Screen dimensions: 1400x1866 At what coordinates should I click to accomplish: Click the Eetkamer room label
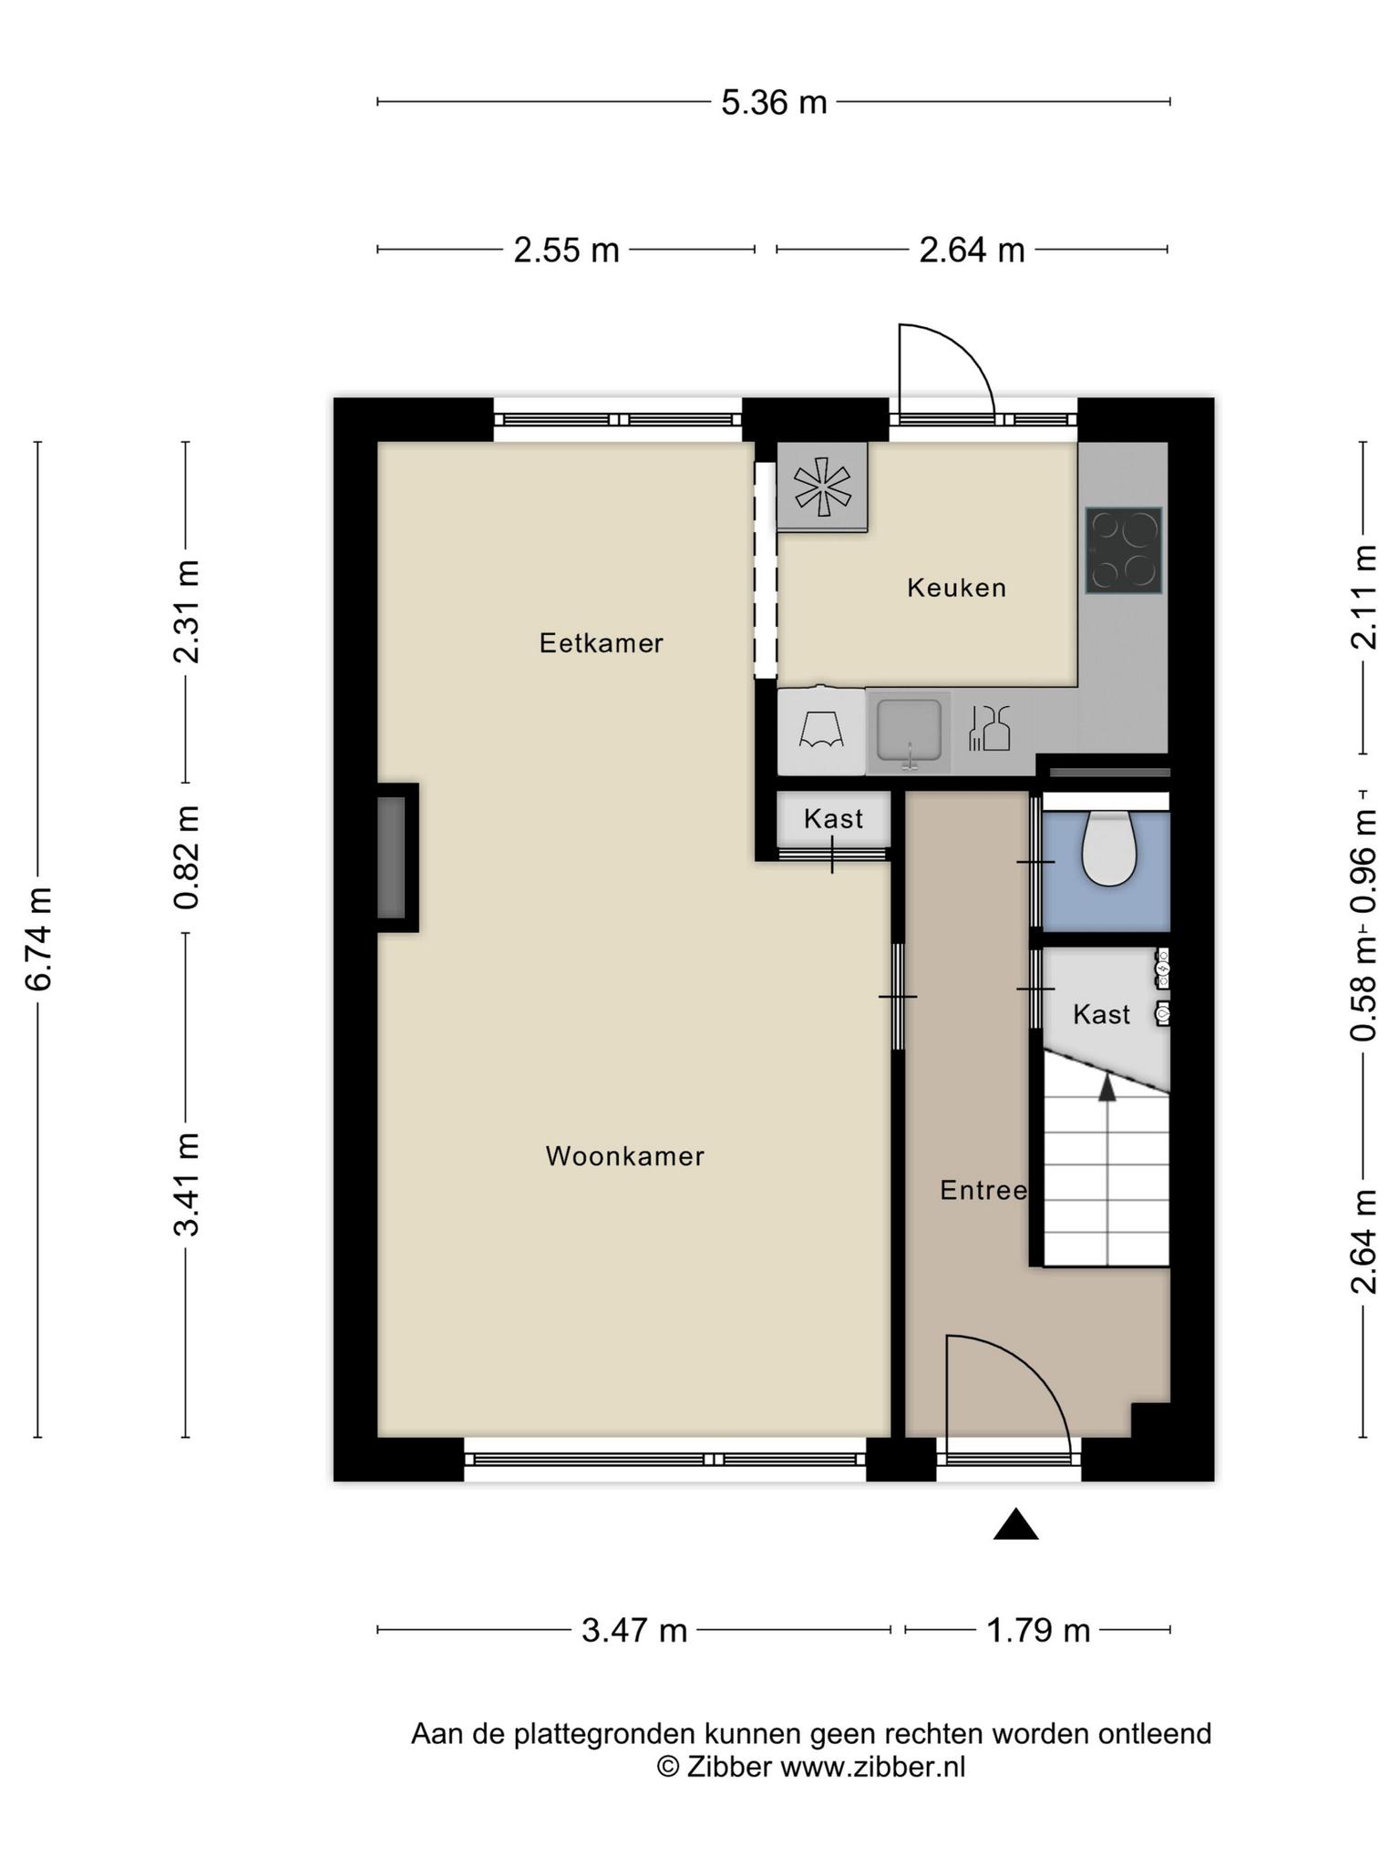click(602, 643)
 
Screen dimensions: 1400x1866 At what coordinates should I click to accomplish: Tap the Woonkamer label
click(625, 1156)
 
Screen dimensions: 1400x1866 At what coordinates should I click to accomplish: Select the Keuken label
click(957, 588)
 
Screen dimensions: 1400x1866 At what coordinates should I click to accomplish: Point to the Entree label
click(983, 1190)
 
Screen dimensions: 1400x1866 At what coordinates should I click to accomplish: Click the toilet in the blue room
click(1108, 848)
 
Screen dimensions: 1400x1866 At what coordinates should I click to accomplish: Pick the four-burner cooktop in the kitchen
click(1124, 550)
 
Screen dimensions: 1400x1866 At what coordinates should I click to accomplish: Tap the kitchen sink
click(909, 732)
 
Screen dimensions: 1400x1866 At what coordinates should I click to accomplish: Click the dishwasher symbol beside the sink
click(989, 728)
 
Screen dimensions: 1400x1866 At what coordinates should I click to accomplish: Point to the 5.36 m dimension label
click(774, 102)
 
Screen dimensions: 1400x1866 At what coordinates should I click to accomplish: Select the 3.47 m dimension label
click(634, 1630)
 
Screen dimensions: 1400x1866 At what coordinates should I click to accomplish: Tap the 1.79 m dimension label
click(1039, 1630)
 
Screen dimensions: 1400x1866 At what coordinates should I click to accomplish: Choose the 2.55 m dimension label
click(566, 250)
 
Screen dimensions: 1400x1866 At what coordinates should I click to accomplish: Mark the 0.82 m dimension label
click(188, 857)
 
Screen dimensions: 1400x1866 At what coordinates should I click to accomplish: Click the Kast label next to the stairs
click(1101, 1014)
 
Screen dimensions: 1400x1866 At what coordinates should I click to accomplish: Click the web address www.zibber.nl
click(873, 1767)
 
